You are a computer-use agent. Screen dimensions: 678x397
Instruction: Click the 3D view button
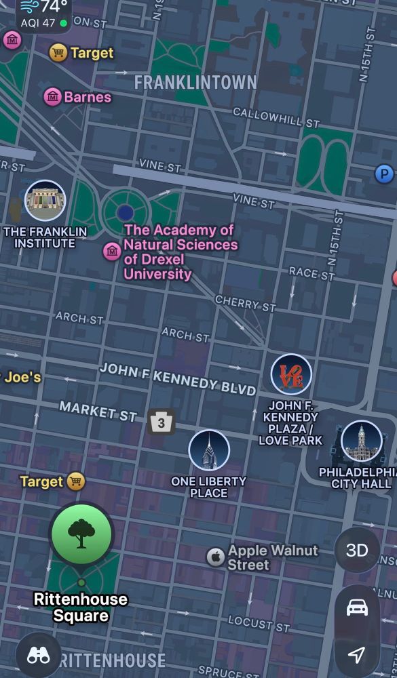coord(357,550)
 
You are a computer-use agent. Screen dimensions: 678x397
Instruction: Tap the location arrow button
coord(357,654)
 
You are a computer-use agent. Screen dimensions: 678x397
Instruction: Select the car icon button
coord(357,607)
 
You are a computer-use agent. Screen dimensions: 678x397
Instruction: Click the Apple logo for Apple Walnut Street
coord(215,557)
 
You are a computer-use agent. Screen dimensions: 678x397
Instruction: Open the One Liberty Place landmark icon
coord(209,450)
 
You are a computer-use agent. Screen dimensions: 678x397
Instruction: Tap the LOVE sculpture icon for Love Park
coord(291,374)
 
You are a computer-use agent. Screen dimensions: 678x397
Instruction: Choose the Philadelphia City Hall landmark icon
coord(361,441)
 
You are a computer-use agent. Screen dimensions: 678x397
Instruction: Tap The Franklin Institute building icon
coord(45,201)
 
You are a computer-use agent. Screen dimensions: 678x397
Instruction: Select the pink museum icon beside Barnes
coord(53,97)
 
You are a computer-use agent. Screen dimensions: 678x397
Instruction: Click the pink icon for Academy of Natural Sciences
coord(112,252)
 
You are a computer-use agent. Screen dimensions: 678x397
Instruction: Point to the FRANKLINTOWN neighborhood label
coord(195,83)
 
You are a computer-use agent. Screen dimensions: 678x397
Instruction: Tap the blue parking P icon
coord(385,174)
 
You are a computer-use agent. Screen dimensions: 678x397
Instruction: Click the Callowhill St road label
coord(276,117)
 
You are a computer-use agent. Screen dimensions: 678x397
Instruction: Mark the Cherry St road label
coord(246,303)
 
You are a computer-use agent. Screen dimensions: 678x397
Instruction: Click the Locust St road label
coord(259,623)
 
